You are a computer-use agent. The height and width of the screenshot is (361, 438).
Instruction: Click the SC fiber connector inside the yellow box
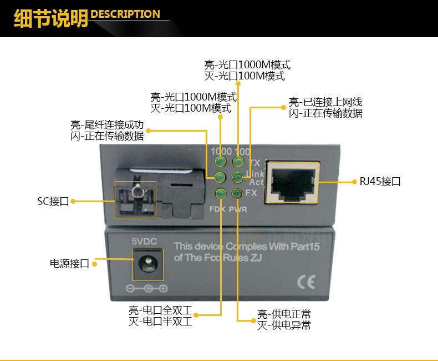tap(135, 198)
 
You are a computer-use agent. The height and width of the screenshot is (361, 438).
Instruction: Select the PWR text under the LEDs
tap(238, 209)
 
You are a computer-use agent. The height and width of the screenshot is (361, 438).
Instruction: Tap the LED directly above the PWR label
tap(237, 193)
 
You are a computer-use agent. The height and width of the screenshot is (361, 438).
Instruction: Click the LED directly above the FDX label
tap(220, 193)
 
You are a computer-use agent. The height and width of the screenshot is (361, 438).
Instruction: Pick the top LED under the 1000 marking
tap(220, 162)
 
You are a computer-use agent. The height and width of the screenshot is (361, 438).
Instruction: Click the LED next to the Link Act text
tap(237, 177)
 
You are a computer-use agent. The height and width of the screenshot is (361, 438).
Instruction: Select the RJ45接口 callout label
tap(380, 182)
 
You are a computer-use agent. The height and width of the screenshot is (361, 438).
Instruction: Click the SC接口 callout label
tap(53, 202)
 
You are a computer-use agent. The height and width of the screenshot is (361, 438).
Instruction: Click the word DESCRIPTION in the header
tap(125, 14)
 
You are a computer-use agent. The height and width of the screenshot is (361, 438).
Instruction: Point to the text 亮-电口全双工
tap(160, 310)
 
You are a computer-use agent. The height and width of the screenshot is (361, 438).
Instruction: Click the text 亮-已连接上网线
tap(325, 102)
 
